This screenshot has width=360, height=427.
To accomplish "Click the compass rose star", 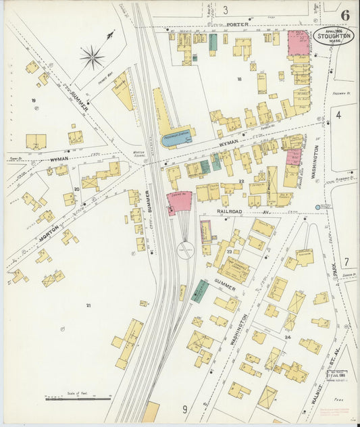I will [92, 57].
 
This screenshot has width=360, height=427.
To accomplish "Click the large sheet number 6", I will [345, 15].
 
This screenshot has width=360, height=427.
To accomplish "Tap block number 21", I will [88, 305].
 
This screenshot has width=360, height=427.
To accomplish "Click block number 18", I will [238, 79].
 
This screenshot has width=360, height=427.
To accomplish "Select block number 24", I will [287, 336].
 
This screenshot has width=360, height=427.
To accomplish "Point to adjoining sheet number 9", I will [184, 408].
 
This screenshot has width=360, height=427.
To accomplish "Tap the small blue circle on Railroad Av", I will [318, 207].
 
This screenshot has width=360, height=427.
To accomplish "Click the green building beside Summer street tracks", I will [199, 291].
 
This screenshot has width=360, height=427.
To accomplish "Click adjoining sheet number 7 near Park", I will [345, 261].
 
